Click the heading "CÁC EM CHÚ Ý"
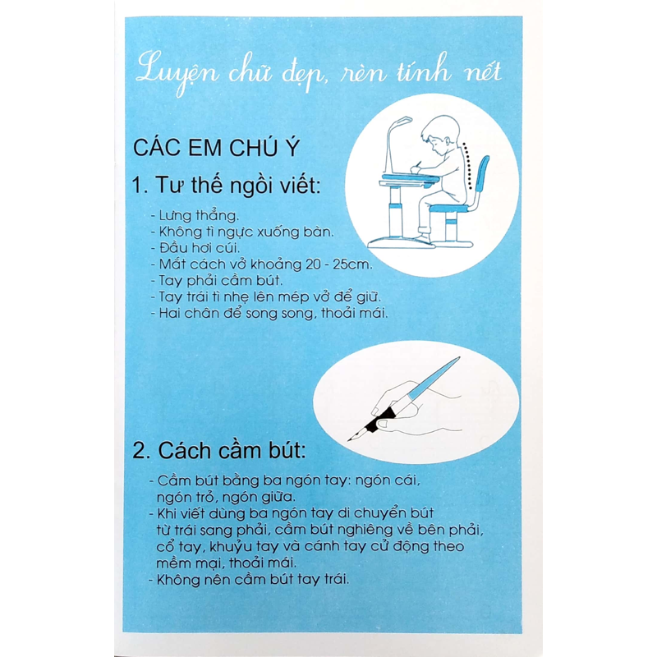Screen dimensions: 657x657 point(216,147)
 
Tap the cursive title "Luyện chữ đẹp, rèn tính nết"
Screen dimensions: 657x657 point(319,72)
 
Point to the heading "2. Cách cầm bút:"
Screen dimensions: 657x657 point(219,451)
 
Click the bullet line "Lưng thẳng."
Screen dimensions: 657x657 point(195,216)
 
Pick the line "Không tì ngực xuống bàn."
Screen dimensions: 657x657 point(242,232)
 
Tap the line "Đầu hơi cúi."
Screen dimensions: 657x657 point(195,248)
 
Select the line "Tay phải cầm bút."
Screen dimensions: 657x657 point(217,280)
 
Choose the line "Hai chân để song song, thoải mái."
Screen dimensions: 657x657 point(270,313)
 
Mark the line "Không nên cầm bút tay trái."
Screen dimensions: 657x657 point(249,580)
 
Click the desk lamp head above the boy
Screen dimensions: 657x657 point(400,122)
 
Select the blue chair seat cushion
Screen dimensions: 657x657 point(449,209)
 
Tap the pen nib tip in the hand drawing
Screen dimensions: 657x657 point(348,440)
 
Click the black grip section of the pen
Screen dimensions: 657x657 point(380,419)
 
